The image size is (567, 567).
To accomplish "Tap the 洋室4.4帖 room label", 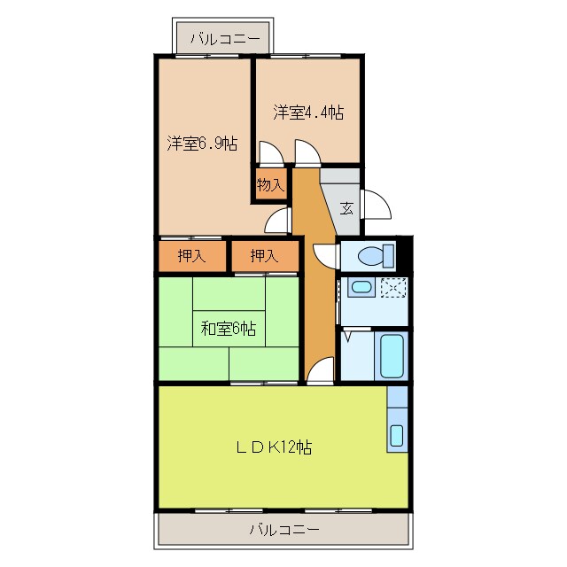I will [x=308, y=113].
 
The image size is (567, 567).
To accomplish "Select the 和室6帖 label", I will [x=229, y=329].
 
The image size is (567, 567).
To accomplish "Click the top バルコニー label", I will [x=224, y=39].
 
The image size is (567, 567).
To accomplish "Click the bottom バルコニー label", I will [x=283, y=531].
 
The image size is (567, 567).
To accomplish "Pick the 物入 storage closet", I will [x=271, y=185].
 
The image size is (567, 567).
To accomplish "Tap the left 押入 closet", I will [x=191, y=257].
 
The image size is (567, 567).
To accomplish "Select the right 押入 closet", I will [x=264, y=257].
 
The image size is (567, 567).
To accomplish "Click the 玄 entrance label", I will [x=346, y=209].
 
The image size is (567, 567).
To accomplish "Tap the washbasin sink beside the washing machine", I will [x=360, y=287].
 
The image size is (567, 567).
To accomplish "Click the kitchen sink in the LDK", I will [x=397, y=434].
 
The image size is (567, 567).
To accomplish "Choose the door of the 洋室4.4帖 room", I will [x=308, y=155].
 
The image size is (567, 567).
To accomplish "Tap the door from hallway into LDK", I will [x=322, y=370].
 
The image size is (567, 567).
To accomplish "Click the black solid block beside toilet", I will [x=406, y=254].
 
